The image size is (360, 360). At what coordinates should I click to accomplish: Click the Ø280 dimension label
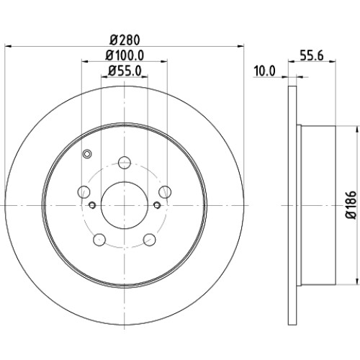click(x=125, y=40)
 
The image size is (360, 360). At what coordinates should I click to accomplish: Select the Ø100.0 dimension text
click(x=125, y=55)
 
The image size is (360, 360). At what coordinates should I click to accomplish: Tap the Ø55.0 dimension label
click(x=125, y=71)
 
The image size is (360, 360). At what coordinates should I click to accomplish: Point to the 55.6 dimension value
click(x=312, y=55)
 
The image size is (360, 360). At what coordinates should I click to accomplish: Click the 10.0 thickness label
click(x=264, y=71)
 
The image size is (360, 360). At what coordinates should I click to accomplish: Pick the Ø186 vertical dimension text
click(x=351, y=204)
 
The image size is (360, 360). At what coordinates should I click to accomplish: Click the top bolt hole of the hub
click(x=125, y=163)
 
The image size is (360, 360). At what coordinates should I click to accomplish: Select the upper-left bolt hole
click(x=84, y=192)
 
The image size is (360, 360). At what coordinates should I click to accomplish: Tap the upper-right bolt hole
click(x=165, y=192)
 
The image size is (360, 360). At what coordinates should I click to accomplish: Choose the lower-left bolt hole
click(x=99, y=240)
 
